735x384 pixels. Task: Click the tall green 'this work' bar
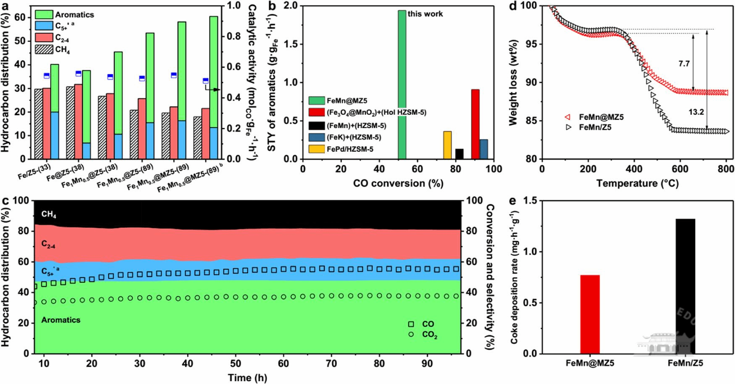(402, 84)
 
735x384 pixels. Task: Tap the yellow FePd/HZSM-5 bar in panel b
(447, 145)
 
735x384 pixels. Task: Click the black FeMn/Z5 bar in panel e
(685, 286)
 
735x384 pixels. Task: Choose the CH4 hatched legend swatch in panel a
(44, 50)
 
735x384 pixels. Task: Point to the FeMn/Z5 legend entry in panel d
(595, 127)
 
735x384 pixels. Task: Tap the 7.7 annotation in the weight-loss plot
(684, 64)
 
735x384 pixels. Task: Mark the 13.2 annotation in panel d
(696, 112)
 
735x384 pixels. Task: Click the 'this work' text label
(425, 14)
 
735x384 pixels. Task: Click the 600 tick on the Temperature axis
(680, 169)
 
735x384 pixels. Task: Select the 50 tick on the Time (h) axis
(236, 363)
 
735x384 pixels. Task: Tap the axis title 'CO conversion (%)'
(398, 184)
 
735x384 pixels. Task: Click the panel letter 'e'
(512, 201)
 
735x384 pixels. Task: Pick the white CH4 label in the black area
(49, 215)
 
